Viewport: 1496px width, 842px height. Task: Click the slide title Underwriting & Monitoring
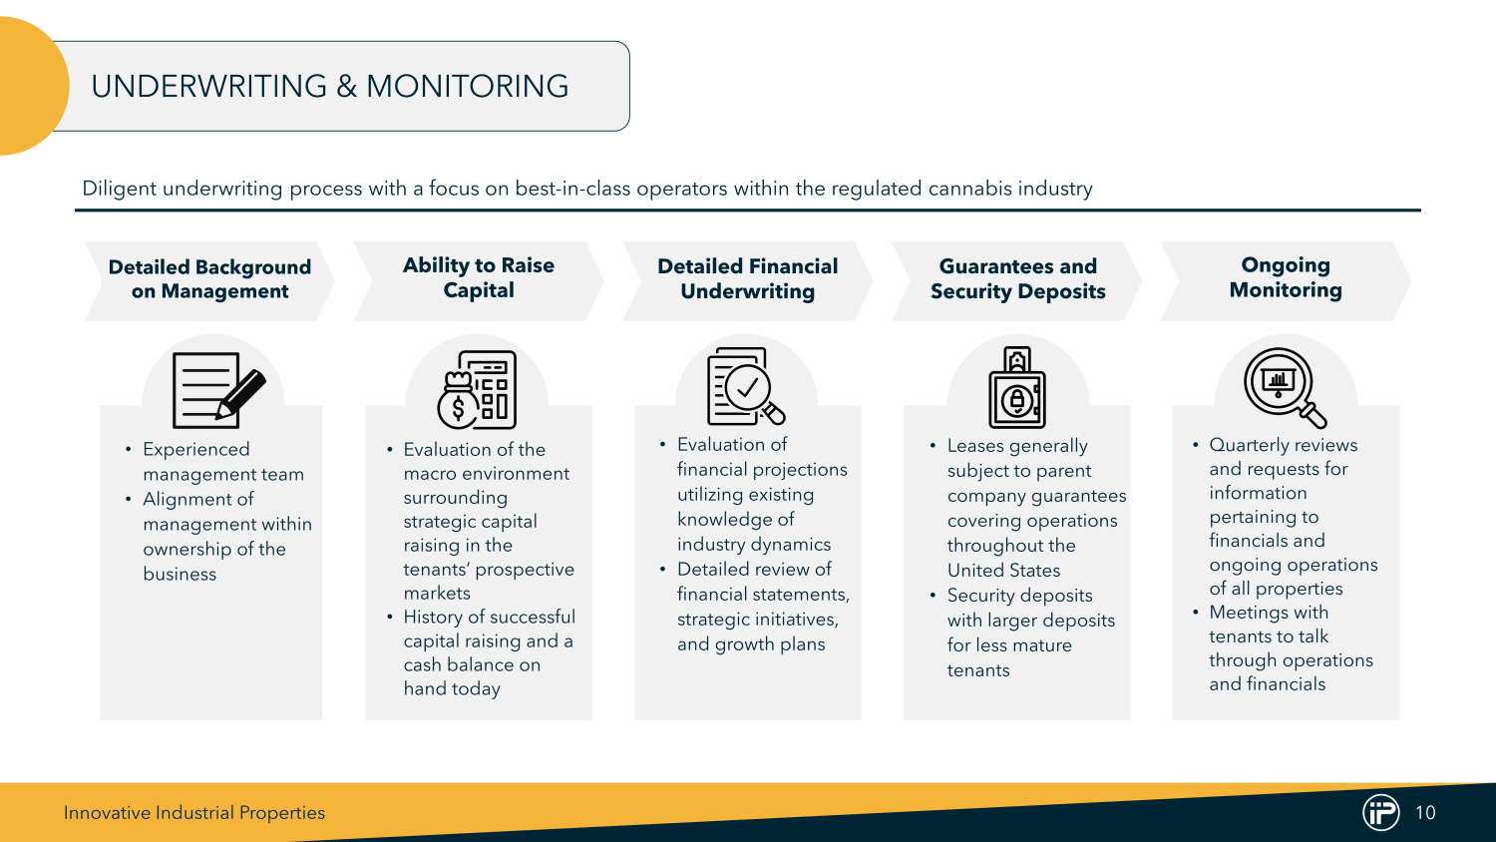tap(329, 87)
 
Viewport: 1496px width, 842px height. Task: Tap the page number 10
tap(1425, 813)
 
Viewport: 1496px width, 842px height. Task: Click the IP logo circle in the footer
tap(1381, 812)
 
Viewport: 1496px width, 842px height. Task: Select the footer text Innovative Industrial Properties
tap(194, 813)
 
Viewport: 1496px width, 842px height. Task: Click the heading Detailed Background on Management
tap(209, 279)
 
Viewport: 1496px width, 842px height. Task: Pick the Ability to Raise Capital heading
tap(479, 278)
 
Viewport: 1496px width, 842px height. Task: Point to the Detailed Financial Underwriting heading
tap(748, 279)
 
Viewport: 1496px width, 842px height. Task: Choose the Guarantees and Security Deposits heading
tap(1017, 279)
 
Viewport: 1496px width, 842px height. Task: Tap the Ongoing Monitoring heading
tap(1286, 278)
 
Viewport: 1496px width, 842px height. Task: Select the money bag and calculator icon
tap(477, 389)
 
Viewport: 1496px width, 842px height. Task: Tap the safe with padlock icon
tap(1017, 388)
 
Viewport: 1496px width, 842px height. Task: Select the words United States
tap(1003, 571)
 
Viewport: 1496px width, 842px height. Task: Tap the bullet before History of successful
tap(390, 618)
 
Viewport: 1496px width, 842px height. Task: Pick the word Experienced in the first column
tap(196, 450)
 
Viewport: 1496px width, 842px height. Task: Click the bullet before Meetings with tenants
tap(1196, 613)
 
